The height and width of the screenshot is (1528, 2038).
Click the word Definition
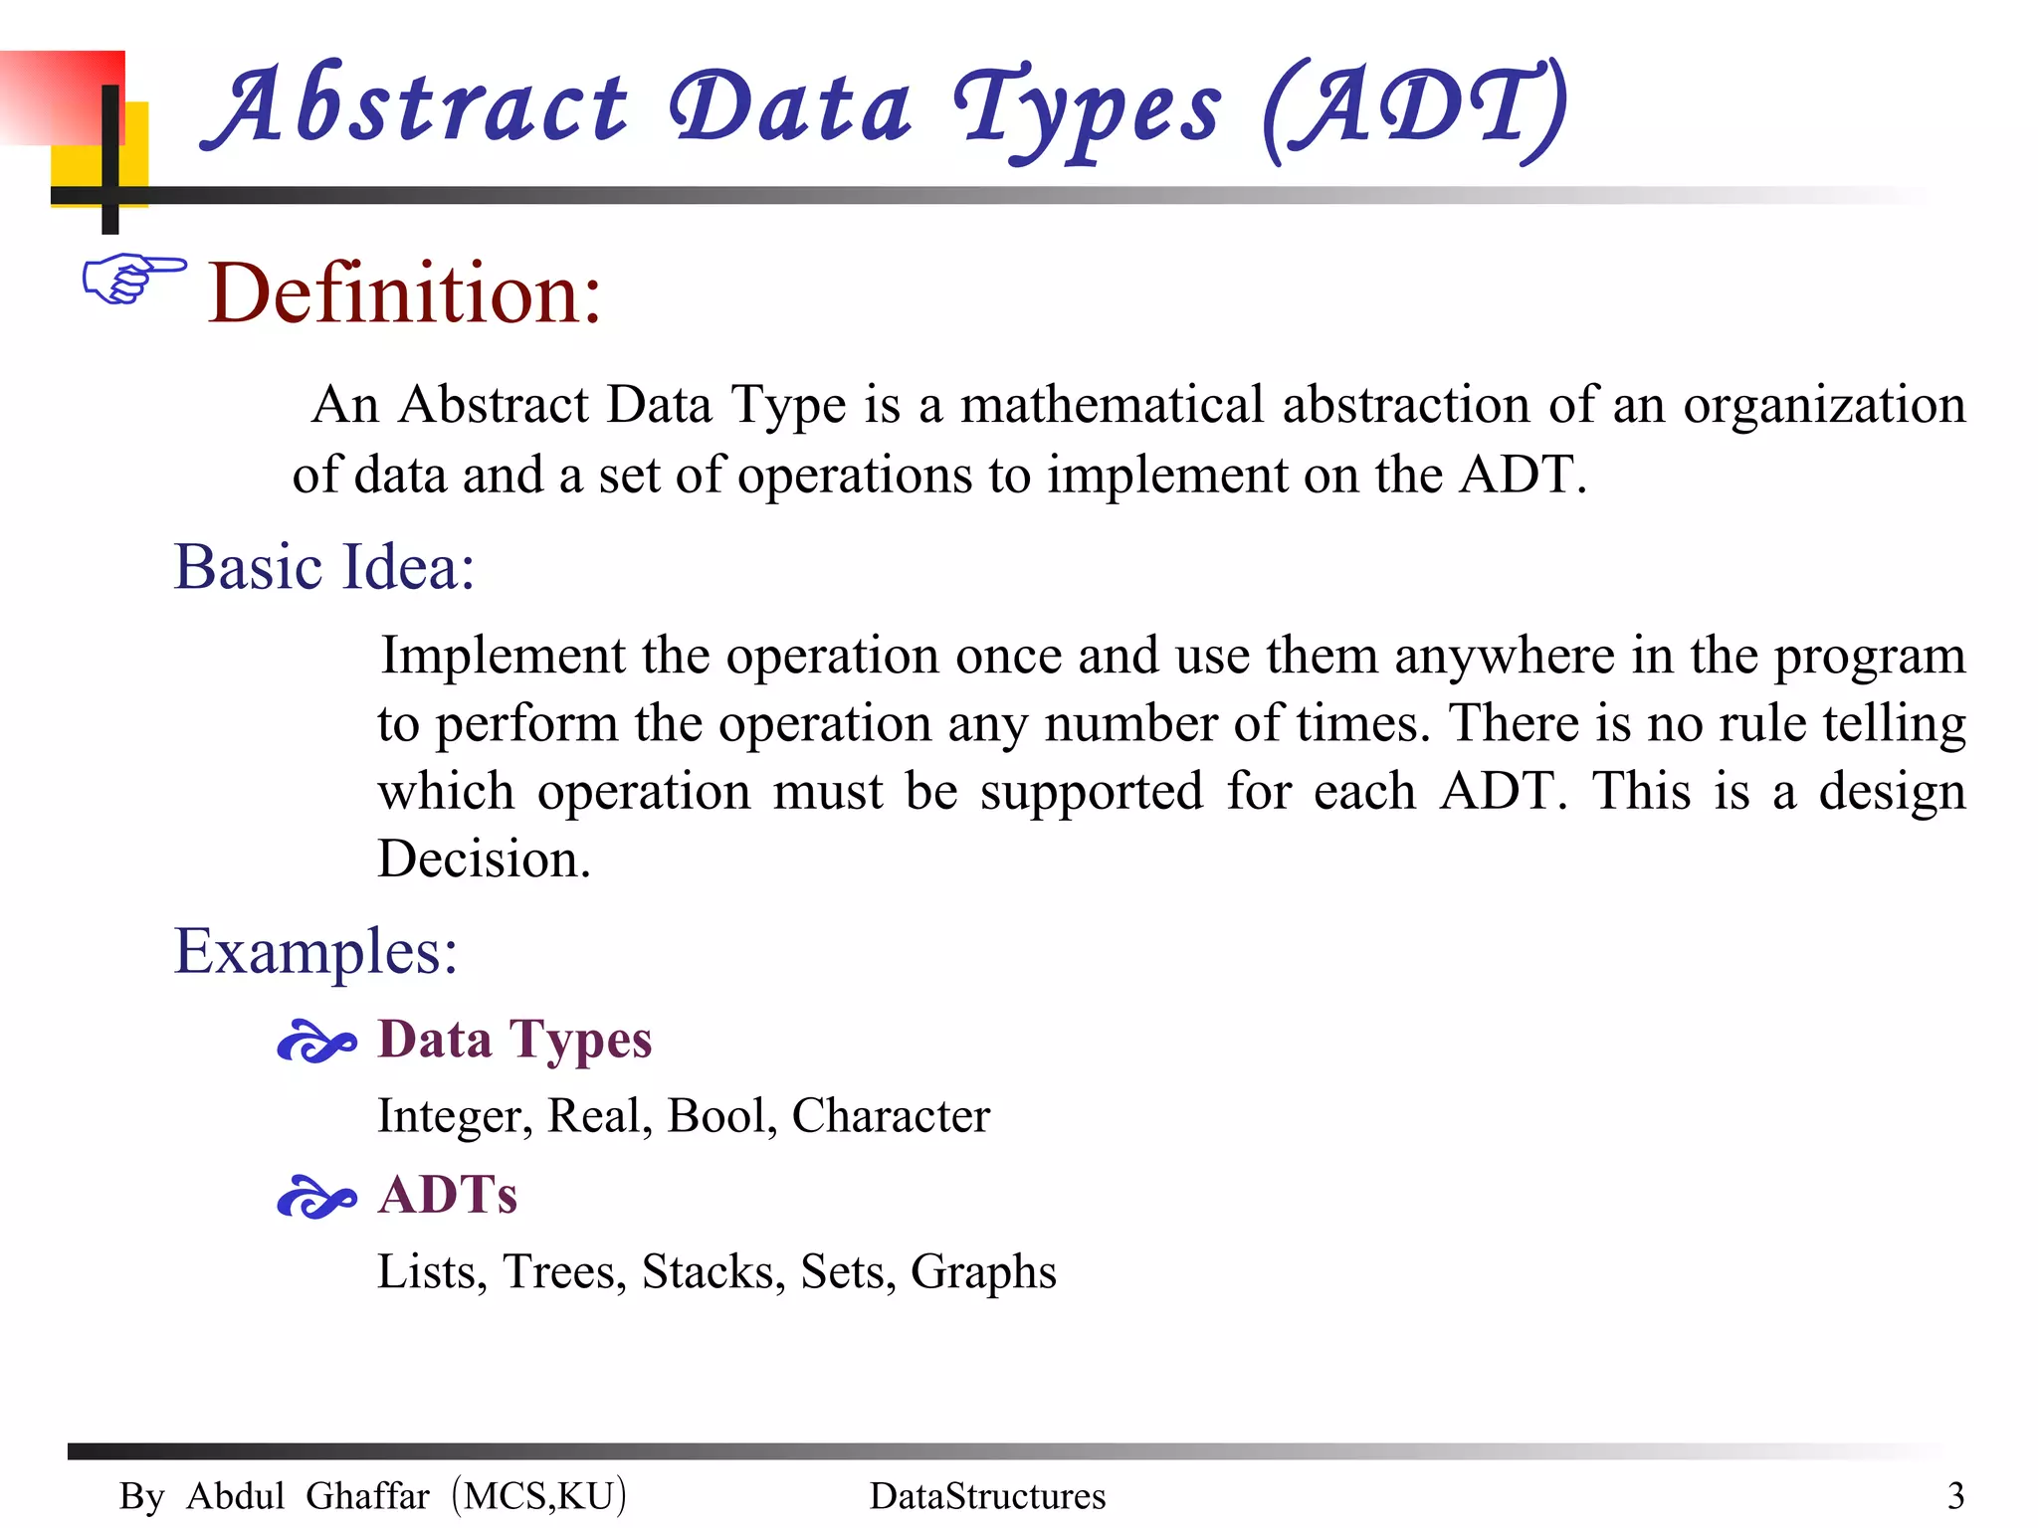click(x=404, y=293)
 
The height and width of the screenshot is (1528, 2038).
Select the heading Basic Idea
click(x=324, y=567)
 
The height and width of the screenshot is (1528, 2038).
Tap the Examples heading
click(x=315, y=951)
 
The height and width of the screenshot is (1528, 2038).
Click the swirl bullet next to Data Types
click(x=315, y=1043)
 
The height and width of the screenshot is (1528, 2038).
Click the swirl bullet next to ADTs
click(x=315, y=1197)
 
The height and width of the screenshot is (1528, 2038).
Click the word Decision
click(x=484, y=859)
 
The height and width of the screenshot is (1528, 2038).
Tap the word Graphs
click(x=983, y=1272)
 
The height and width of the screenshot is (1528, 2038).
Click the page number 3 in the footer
click(x=1955, y=1496)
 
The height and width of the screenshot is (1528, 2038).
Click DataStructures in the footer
click(x=987, y=1496)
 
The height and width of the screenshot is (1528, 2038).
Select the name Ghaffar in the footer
click(x=367, y=1496)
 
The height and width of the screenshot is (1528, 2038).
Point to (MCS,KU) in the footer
click(x=538, y=1496)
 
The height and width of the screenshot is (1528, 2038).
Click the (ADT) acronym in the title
click(x=1414, y=109)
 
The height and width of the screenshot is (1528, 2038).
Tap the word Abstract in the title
click(x=416, y=107)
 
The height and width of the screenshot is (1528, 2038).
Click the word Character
click(x=891, y=1116)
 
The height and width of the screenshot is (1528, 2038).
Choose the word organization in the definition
click(x=1824, y=406)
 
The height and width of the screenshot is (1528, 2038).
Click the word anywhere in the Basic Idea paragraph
click(x=1505, y=657)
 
